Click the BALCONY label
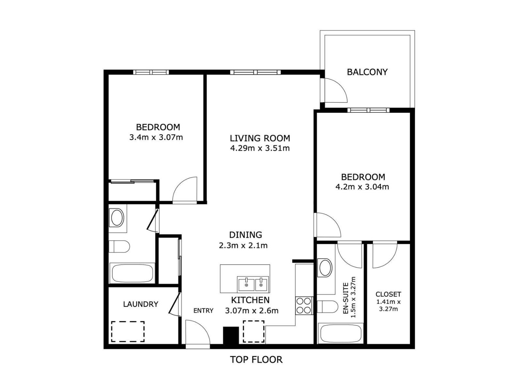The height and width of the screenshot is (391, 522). coord(367,72)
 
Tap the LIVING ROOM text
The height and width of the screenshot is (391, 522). coord(260,138)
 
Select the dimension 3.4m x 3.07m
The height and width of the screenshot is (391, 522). coord(156,137)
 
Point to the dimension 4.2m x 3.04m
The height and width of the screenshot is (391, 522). coord(362,187)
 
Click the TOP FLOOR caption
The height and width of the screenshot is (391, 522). coord(256,359)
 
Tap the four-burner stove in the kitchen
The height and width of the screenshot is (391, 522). coord(304,306)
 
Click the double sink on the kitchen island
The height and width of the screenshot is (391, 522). coord(253,284)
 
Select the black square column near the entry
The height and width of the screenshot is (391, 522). coord(231,335)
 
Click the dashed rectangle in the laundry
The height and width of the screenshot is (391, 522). coord(128,331)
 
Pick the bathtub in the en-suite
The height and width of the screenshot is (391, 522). coord(341,334)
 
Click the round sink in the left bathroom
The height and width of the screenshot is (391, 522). coord(117,218)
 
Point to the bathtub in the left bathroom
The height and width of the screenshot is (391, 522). coord(132,273)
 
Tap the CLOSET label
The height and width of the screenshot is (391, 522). coord(388,294)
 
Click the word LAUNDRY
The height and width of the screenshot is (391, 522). coord(141,304)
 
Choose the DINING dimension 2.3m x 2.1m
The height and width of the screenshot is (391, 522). coord(243,245)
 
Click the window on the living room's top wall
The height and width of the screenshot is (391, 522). coord(255,72)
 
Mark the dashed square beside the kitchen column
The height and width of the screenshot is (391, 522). coord(253,331)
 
